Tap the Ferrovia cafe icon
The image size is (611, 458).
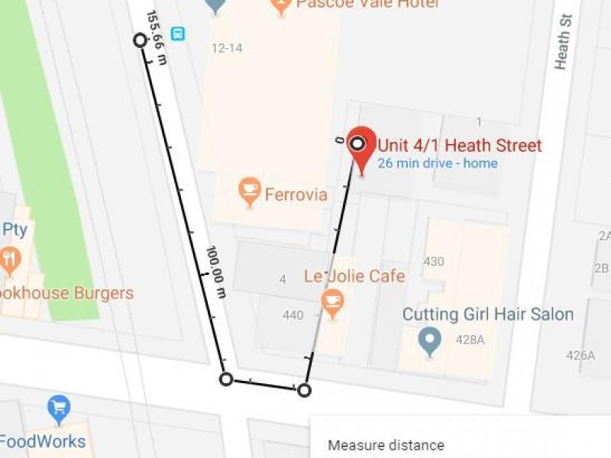(x=250, y=191)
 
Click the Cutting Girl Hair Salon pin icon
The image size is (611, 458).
(x=430, y=340)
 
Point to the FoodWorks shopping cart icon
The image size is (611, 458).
(x=59, y=408)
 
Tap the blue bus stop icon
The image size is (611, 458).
(x=178, y=34)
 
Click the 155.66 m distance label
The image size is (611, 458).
(x=156, y=37)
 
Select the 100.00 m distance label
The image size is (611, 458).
(x=215, y=272)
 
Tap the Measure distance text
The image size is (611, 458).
(x=386, y=445)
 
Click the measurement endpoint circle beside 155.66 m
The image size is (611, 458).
(x=140, y=40)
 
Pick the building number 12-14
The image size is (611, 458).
(x=227, y=49)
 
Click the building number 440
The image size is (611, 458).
(x=293, y=315)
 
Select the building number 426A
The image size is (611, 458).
(x=580, y=355)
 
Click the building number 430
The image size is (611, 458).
(x=434, y=262)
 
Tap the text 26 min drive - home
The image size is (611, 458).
(x=437, y=163)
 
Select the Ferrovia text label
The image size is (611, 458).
(x=296, y=195)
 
